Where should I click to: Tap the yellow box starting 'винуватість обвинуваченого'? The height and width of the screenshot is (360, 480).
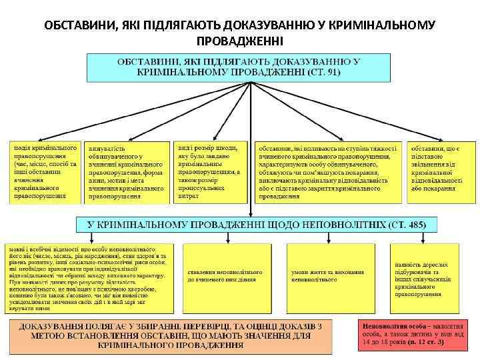point(127,172)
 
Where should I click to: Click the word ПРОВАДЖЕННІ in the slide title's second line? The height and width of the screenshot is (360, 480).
point(239,41)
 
